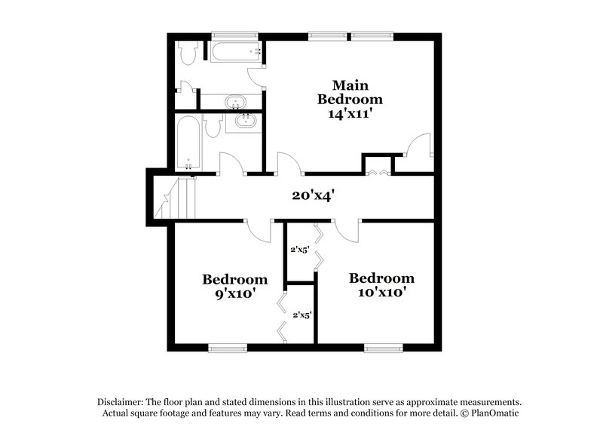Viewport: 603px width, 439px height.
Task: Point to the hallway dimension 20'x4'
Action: click(313, 195)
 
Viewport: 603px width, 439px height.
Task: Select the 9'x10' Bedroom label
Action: click(234, 286)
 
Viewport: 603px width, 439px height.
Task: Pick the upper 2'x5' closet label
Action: click(300, 250)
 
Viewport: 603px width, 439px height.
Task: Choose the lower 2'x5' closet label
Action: click(301, 315)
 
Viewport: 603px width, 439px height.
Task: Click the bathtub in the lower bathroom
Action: click(188, 143)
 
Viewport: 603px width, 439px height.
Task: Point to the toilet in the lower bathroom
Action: click(213, 126)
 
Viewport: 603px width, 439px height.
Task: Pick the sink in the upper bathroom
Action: click(236, 102)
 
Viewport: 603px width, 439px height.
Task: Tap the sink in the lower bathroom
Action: click(244, 121)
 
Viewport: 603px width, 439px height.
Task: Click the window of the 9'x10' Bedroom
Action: click(228, 348)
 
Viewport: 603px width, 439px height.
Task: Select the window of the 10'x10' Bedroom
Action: click(384, 348)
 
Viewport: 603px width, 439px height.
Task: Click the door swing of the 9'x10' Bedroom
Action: click(258, 230)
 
